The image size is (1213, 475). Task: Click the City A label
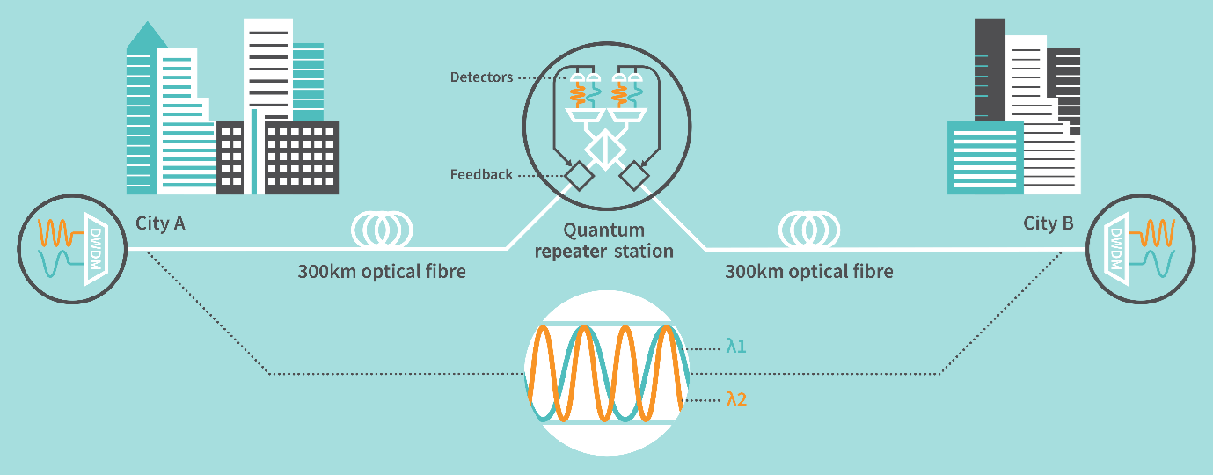coord(160,223)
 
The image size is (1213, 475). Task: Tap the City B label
coord(1048,223)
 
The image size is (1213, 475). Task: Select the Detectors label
coord(481,77)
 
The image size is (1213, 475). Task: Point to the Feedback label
coord(481,174)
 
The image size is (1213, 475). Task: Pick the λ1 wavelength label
coord(736,347)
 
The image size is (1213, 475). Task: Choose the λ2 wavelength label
coord(736,399)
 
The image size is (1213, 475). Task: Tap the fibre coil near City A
coord(383,230)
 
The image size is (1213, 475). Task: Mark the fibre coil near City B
coord(808,230)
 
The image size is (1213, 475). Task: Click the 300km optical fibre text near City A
coord(382,272)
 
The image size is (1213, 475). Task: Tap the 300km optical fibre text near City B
coord(808,272)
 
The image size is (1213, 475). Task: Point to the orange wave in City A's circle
coord(59,233)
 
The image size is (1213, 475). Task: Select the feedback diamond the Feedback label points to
coord(578,177)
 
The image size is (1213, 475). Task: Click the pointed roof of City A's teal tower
coord(148,35)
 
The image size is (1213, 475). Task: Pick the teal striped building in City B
coord(985,157)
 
